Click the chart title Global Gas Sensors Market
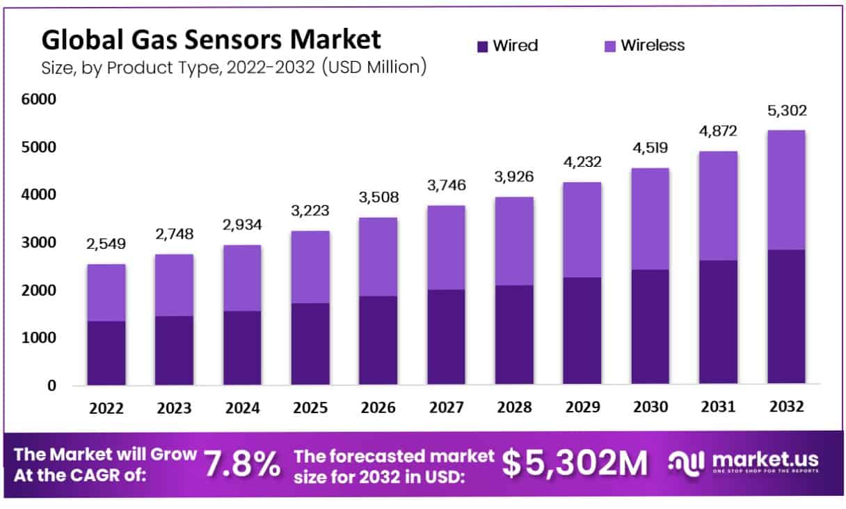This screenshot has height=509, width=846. click(211, 39)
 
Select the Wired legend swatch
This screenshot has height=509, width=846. click(483, 47)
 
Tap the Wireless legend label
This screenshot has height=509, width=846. click(653, 46)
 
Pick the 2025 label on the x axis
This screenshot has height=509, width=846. click(310, 407)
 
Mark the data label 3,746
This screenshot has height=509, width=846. click(447, 186)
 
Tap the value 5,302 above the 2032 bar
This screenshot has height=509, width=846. click(786, 111)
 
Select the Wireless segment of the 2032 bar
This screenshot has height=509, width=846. click(786, 190)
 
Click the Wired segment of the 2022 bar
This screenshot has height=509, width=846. click(106, 353)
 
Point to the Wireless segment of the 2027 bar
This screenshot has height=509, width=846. click(447, 248)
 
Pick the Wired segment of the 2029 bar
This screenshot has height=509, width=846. click(582, 331)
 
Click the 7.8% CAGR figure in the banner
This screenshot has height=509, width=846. click(243, 463)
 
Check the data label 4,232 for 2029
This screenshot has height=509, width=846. click(582, 161)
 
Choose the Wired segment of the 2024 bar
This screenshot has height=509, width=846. click(242, 348)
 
